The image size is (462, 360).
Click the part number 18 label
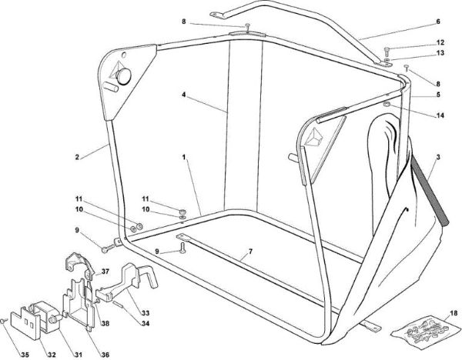pyautogui.click(x=454, y=313)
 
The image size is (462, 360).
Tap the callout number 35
pyautogui.click(x=25, y=355)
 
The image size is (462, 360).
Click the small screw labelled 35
pyautogui.click(x=4, y=321)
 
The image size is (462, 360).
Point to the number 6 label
pyautogui.click(x=438, y=22)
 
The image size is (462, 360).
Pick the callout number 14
pyautogui.click(x=440, y=115)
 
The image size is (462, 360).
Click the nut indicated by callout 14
pyautogui.click(x=387, y=104)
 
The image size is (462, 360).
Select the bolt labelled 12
pyautogui.click(x=387, y=50)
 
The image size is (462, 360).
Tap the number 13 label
pyautogui.click(x=440, y=53)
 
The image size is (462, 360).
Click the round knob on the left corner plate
pyautogui.click(x=124, y=76)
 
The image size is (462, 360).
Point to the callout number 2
pyautogui.click(x=77, y=157)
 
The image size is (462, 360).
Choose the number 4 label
pyautogui.click(x=183, y=95)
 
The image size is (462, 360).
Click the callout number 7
pyautogui.click(x=250, y=252)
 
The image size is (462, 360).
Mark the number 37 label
pyautogui.click(x=105, y=272)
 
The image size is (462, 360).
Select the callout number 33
pyautogui.click(x=146, y=313)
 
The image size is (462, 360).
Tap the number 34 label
pyautogui.click(x=146, y=324)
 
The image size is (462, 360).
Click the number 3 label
pyautogui.click(x=438, y=157)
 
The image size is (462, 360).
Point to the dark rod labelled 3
pyautogui.click(x=430, y=191)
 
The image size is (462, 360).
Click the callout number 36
pyautogui.click(x=105, y=355)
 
